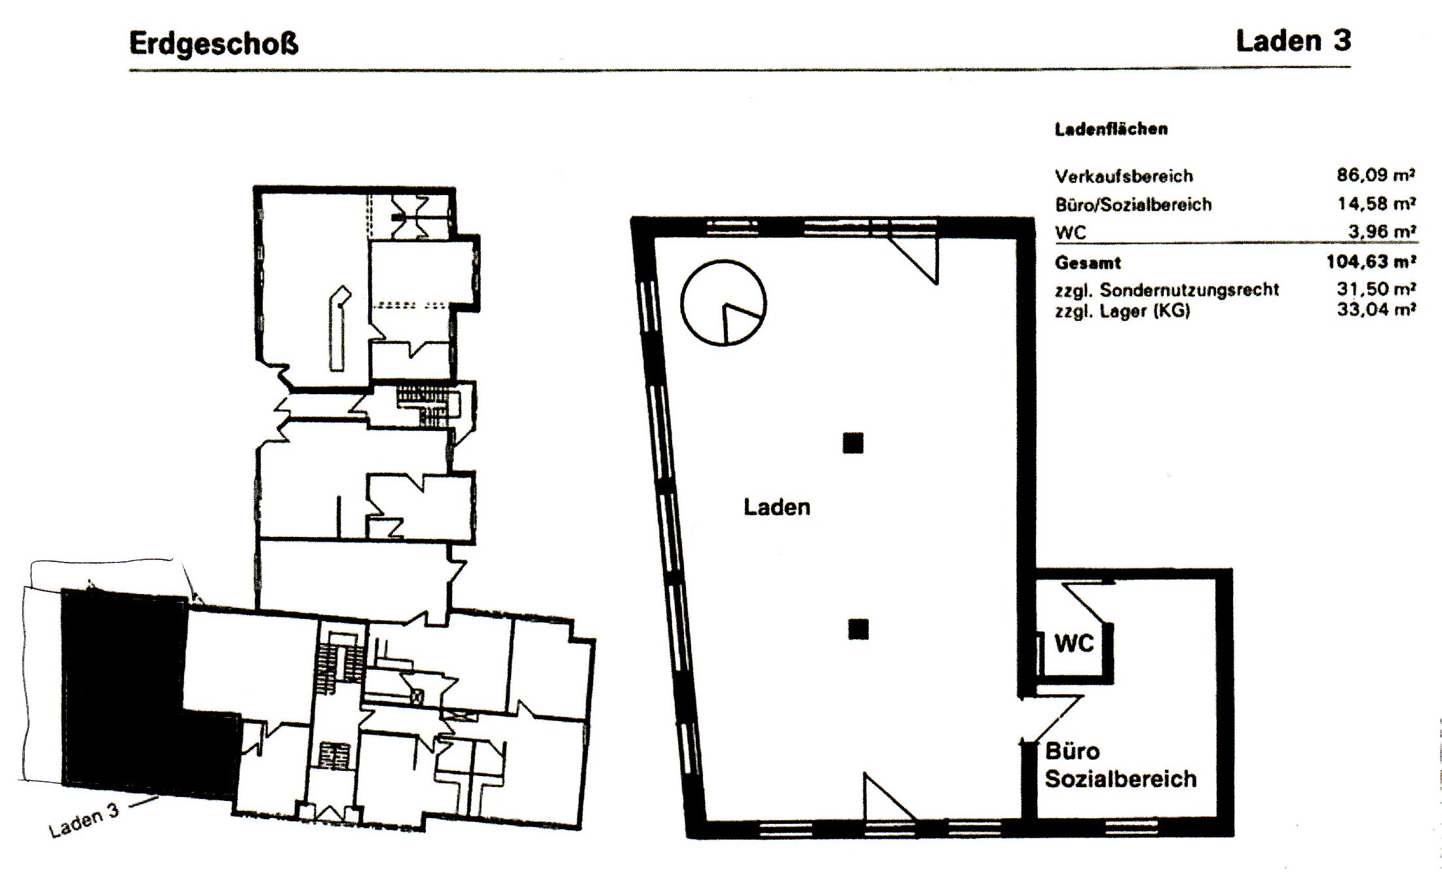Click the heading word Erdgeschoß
pos(214,44)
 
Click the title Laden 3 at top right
pos(1293,41)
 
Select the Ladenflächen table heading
pos(1111,129)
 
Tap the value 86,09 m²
pos(1376,175)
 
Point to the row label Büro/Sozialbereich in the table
pos(1133,204)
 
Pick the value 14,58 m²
pos(1376,204)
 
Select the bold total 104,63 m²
pos(1371,262)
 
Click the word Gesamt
pos(1088,263)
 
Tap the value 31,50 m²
pos(1376,289)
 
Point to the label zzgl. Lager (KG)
pos(1122,311)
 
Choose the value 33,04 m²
pos(1376,309)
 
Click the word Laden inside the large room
pos(777,507)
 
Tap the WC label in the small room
pos(1074,643)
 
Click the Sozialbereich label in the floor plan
pos(1120,779)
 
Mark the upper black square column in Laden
pos(853,443)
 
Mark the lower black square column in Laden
pos(858,629)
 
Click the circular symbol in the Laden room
pos(723,261)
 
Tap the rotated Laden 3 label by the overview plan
pos(84,820)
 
